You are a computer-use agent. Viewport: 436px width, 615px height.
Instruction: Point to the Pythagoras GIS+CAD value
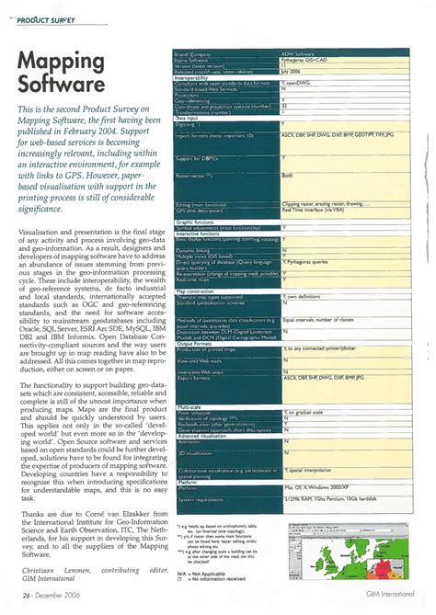(x=309, y=60)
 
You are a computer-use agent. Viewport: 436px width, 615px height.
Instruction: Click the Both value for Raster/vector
(x=287, y=174)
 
